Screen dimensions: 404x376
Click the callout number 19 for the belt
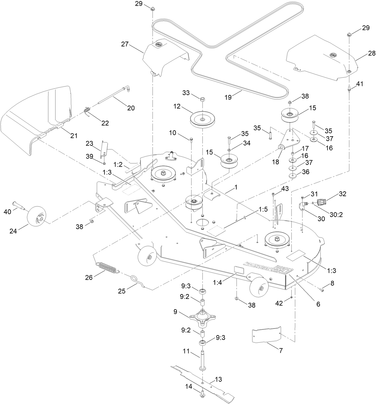(228, 97)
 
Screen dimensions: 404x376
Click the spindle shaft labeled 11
(203, 359)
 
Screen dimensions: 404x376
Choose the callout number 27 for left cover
(125, 44)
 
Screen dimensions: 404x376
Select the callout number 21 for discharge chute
(74, 136)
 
